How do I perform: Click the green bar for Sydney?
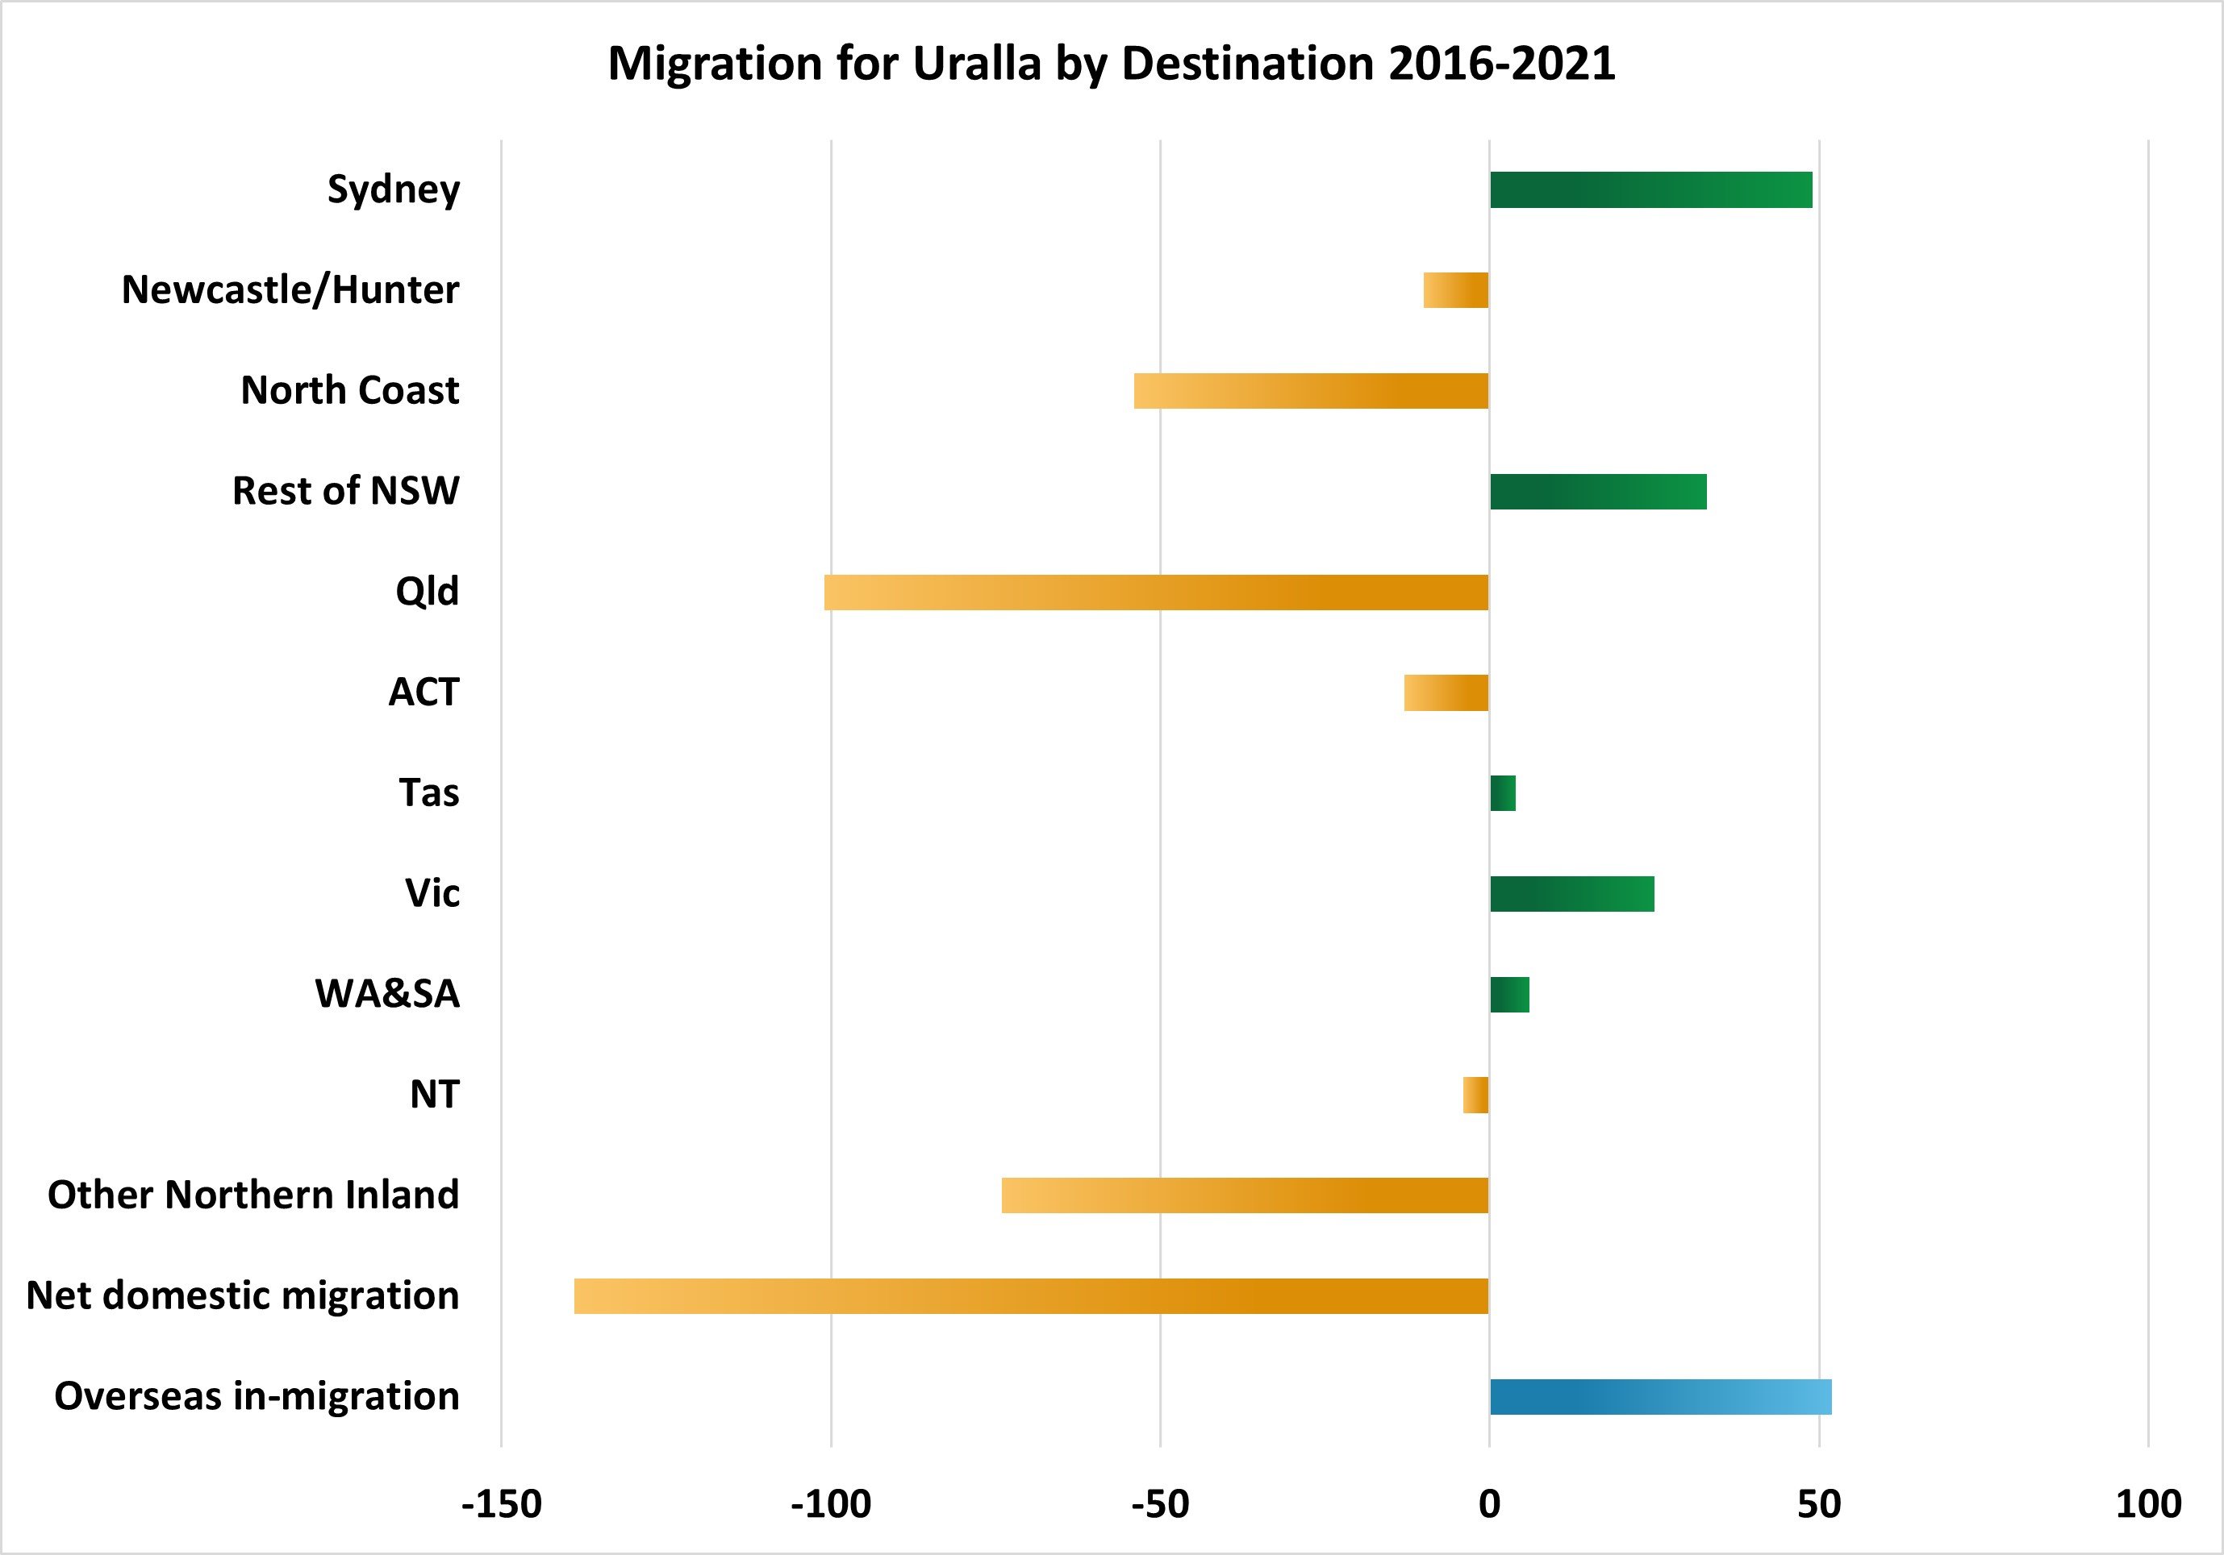tap(1650, 189)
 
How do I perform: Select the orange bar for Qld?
tap(1156, 592)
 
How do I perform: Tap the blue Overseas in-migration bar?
tap(1660, 1397)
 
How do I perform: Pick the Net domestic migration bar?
tap(1031, 1296)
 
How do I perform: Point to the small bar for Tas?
tap(1502, 793)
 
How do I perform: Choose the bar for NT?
tap(1476, 1095)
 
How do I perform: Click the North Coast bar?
tap(1311, 391)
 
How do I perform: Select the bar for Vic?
tap(1571, 894)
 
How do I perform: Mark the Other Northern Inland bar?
tap(1245, 1195)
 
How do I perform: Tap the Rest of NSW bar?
tap(1597, 492)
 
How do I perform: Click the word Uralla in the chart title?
tap(976, 64)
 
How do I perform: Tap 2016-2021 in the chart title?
tap(1501, 64)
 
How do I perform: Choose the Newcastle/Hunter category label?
tap(290, 289)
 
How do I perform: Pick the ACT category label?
tap(424, 692)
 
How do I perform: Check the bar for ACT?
tap(1446, 693)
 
